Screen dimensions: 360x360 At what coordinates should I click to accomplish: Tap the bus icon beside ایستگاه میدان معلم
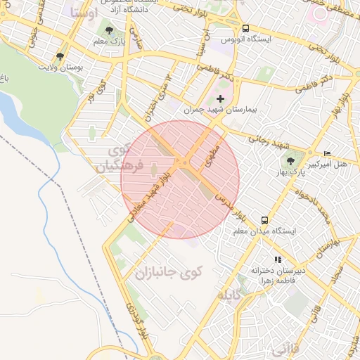[264, 219]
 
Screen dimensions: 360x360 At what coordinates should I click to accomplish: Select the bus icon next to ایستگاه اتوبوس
[245, 29]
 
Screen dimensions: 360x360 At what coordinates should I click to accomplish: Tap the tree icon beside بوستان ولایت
[60, 56]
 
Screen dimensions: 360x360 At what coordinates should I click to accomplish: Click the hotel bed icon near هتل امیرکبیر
[327, 153]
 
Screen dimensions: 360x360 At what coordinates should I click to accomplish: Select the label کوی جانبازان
[169, 272]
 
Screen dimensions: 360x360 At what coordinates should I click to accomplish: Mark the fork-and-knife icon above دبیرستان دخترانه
[278, 259]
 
